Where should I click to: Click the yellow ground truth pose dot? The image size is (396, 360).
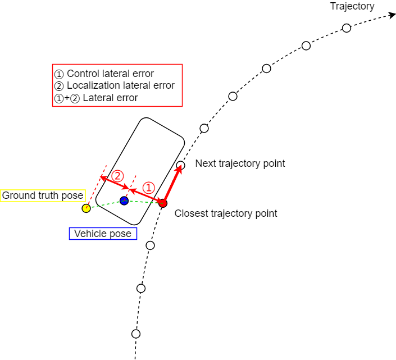click(86, 208)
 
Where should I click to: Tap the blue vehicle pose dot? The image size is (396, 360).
click(124, 200)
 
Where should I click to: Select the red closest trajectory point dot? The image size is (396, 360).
click(163, 203)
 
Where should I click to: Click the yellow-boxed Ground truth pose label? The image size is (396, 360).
click(43, 195)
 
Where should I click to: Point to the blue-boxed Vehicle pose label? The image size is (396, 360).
click(103, 234)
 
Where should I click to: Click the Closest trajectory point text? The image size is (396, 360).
click(226, 213)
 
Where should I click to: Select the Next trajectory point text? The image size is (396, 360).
click(240, 163)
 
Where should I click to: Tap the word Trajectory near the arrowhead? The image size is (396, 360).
click(352, 6)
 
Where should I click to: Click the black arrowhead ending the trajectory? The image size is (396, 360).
click(392, 16)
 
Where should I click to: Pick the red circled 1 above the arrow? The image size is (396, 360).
click(148, 188)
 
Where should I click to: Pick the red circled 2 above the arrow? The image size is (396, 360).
click(117, 175)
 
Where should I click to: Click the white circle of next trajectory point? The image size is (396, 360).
click(180, 166)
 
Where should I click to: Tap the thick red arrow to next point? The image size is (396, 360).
click(172, 184)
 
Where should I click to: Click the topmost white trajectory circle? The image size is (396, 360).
click(347, 28)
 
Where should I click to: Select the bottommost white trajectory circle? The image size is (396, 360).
click(136, 334)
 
